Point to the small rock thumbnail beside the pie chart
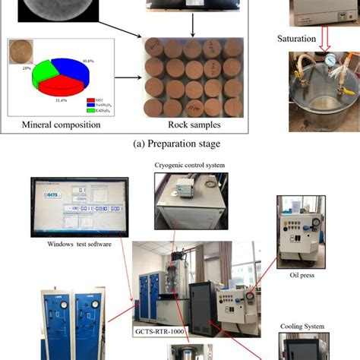tap(21, 53)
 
